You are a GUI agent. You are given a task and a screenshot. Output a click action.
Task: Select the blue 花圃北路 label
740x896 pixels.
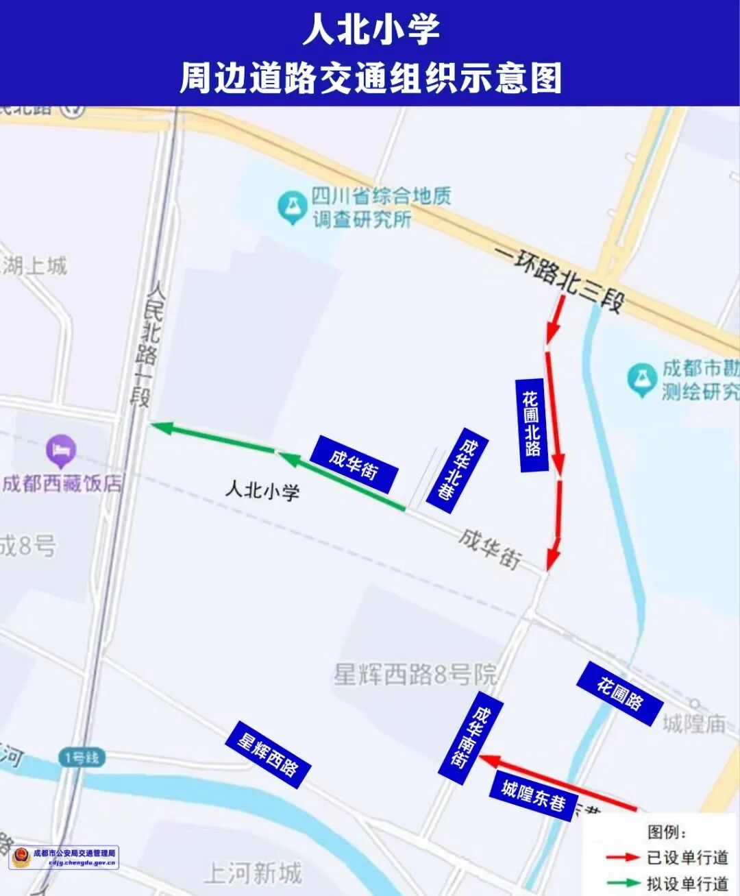click(532, 424)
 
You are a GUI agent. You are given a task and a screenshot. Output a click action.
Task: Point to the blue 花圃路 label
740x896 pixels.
click(619, 694)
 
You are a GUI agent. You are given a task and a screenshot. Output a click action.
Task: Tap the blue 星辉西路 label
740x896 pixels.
click(268, 754)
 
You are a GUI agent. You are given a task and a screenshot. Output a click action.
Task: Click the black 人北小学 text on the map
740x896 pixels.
click(262, 491)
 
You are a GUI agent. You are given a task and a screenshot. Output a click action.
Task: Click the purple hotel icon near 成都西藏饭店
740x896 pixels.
click(61, 450)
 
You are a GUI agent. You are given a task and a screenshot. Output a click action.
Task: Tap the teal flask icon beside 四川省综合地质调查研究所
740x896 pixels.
click(292, 207)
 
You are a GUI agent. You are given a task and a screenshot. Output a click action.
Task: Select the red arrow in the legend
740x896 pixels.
click(622, 858)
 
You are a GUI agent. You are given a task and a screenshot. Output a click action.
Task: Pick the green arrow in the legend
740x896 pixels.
click(622, 883)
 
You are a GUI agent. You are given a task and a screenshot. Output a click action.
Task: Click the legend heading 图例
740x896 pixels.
click(667, 832)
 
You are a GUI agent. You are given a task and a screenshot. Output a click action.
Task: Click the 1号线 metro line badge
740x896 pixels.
click(82, 758)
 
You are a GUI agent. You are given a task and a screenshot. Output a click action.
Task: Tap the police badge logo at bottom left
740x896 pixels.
click(21, 857)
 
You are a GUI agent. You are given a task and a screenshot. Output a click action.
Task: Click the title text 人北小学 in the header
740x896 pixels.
click(371, 30)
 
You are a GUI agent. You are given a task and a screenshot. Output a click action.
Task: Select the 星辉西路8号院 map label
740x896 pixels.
click(415, 675)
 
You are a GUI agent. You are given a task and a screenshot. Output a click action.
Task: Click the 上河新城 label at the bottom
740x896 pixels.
click(253, 873)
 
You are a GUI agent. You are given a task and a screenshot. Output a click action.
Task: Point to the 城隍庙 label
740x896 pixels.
click(693, 723)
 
